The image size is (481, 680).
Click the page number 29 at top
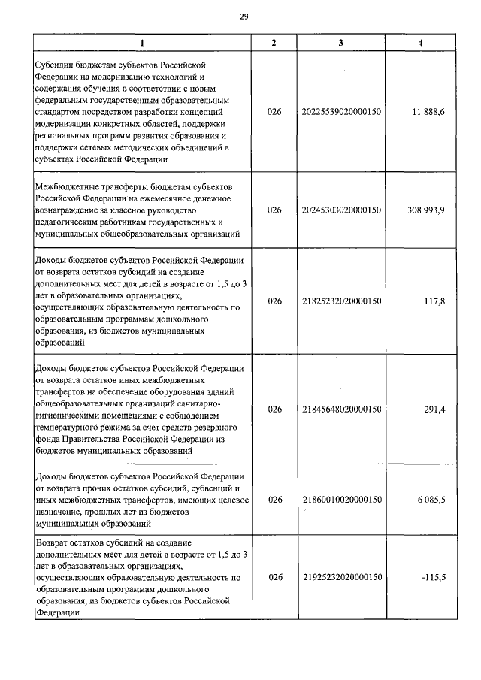244,17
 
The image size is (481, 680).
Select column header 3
341,43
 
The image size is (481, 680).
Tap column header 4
420,43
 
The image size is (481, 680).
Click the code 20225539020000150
342,112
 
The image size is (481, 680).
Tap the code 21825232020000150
342,301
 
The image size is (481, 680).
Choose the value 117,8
434,301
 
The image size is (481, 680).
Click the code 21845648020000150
342,410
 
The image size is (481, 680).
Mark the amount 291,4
434,410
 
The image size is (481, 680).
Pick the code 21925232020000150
342,577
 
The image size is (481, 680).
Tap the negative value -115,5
432,577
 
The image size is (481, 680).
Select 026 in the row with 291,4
274,410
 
